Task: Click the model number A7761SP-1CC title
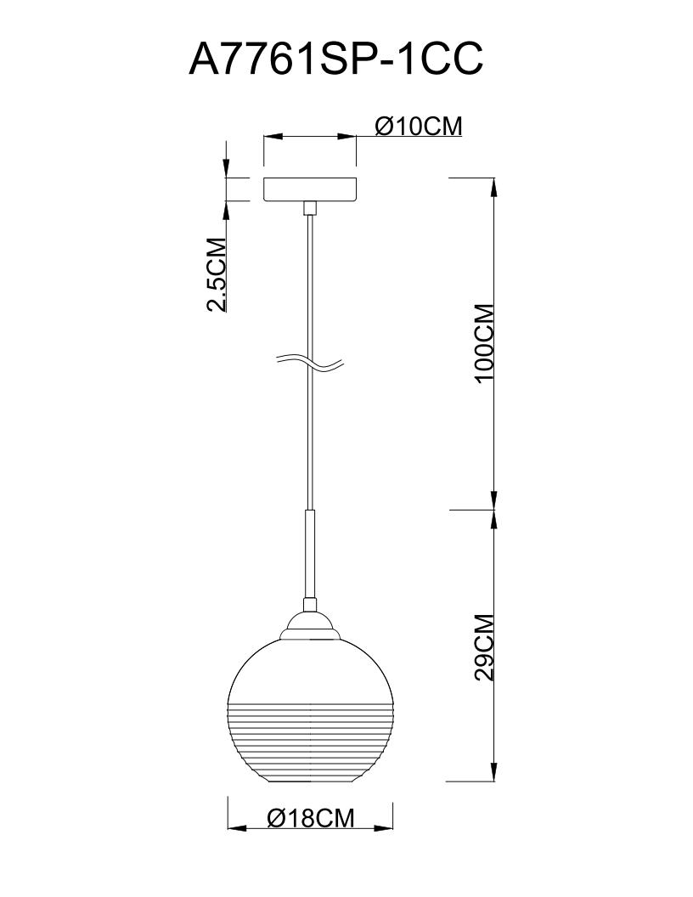[336, 59]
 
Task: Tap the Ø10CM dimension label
[419, 126]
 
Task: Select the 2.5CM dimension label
[216, 274]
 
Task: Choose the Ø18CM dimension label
[311, 817]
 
